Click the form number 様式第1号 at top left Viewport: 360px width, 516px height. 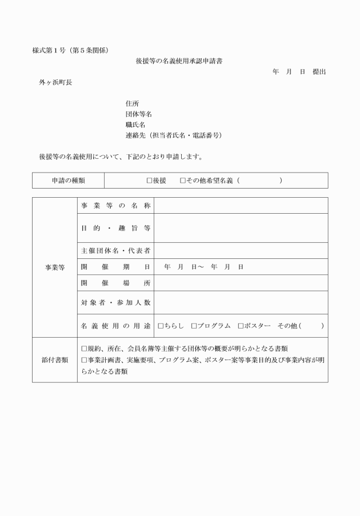pos(50,50)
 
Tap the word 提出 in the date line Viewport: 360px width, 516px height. pos(319,71)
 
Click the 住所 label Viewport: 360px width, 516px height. pos(132,103)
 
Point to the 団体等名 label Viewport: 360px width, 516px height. pos(138,114)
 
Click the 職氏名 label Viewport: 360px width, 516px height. pos(135,125)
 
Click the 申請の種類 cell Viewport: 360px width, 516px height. pos(68,180)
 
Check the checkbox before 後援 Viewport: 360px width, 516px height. pos(149,181)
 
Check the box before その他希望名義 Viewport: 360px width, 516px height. pos(182,181)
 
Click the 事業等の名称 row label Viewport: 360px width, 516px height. pos(115,205)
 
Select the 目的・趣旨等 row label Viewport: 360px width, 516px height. pos(115,228)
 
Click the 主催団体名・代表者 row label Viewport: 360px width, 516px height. pos(115,251)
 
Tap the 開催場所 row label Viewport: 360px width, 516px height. pos(115,282)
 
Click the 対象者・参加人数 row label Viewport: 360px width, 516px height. pos(115,302)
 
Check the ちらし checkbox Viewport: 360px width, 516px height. pos(161,326)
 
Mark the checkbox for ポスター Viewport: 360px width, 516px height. pos(241,326)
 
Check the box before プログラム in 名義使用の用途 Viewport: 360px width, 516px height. pos(194,326)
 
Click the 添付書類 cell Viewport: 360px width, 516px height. pos(55,359)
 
